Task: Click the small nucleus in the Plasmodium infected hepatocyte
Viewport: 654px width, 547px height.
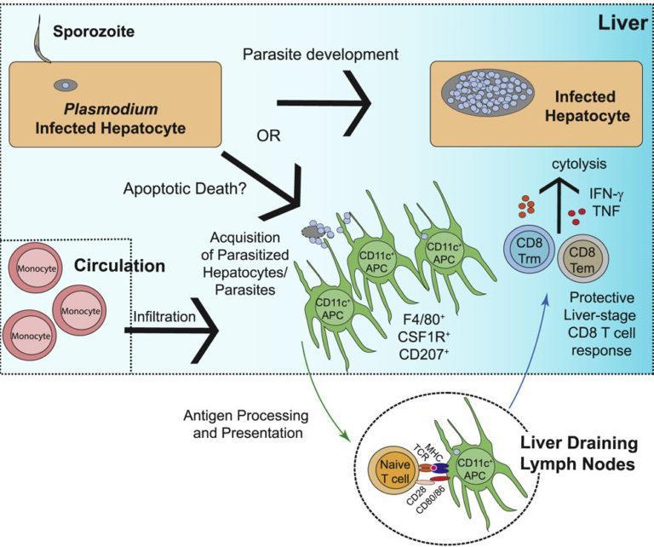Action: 63,85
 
